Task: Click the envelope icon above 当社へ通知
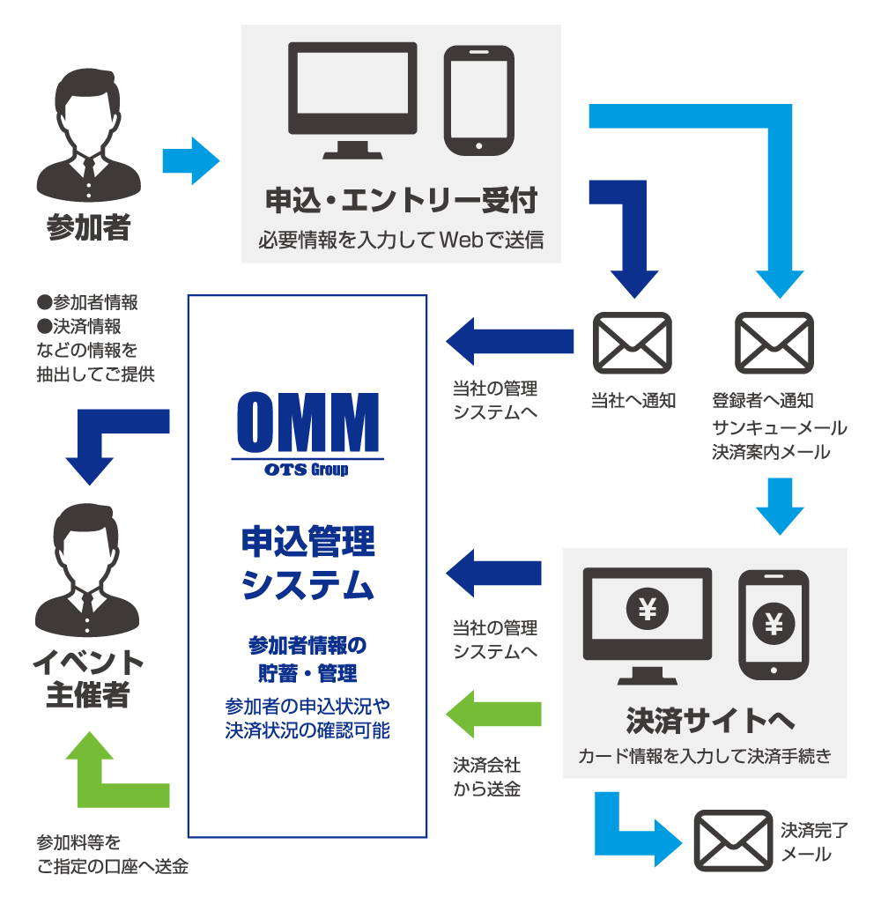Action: (x=633, y=344)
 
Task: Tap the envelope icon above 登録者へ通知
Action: (x=774, y=344)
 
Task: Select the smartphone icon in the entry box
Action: (x=478, y=100)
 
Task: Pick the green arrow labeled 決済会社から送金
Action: (x=493, y=713)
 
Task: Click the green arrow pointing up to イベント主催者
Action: (x=101, y=775)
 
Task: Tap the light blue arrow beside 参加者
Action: (x=190, y=160)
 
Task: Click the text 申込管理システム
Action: (x=308, y=564)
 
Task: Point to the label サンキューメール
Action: (x=779, y=428)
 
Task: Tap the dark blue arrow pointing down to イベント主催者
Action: (x=106, y=441)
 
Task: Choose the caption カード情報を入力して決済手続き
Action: (x=705, y=756)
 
